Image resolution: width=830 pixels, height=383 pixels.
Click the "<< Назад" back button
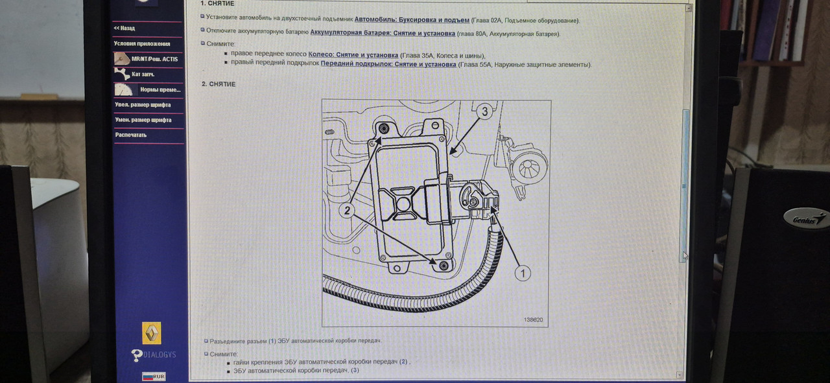pyautogui.click(x=124, y=28)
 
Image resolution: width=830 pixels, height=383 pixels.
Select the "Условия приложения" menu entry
pyautogui.click(x=142, y=43)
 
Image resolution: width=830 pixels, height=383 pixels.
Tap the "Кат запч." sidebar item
pyautogui.click(x=143, y=75)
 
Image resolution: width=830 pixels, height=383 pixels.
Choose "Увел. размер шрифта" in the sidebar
pyautogui.click(x=143, y=105)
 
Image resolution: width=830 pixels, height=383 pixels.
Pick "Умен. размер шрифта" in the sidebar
pyautogui.click(x=143, y=120)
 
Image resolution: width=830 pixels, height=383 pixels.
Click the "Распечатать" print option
pyautogui.click(x=131, y=135)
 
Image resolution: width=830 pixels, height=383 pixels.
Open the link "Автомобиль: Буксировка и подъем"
pyautogui.click(x=412, y=20)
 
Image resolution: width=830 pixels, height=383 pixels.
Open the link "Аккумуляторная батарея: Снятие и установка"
pyautogui.click(x=383, y=33)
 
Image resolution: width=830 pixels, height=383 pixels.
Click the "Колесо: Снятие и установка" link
pyautogui.click(x=353, y=55)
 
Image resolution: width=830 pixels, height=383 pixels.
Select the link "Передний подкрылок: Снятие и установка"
pyautogui.click(x=388, y=64)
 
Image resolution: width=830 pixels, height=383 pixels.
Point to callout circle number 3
pyautogui.click(x=484, y=111)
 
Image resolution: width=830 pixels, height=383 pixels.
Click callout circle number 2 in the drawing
pyautogui.click(x=347, y=211)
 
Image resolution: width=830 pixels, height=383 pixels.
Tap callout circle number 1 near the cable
pyautogui.click(x=523, y=273)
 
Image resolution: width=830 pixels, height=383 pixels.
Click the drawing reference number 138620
pyautogui.click(x=533, y=319)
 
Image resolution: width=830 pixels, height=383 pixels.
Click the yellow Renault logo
pyautogui.click(x=152, y=332)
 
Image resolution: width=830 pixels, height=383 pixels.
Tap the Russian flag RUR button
pyautogui.click(x=154, y=377)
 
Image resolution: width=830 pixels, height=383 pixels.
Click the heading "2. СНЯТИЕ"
pyautogui.click(x=219, y=84)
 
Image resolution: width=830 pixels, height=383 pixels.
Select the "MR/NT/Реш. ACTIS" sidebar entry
pyautogui.click(x=154, y=59)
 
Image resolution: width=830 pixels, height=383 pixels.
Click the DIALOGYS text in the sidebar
pyautogui.click(x=160, y=354)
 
